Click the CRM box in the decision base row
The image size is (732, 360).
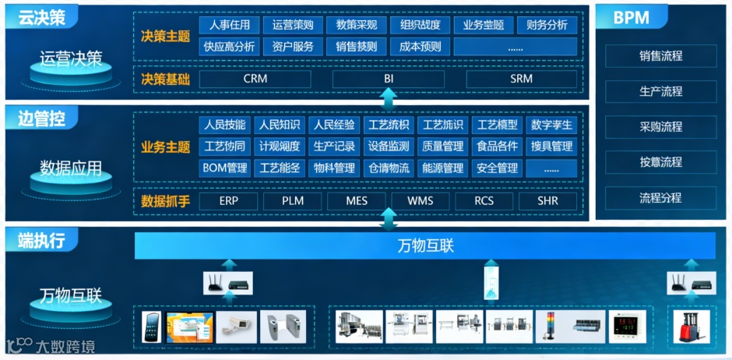(255, 79)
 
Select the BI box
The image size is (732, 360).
(389, 79)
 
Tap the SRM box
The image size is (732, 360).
(521, 79)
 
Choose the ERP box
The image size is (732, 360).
(228, 201)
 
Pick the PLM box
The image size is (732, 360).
(293, 201)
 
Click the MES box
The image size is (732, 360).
(357, 201)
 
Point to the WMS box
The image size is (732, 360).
(421, 201)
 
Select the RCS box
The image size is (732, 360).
(484, 201)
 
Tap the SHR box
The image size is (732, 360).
(547, 201)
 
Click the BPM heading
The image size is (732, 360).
(632, 18)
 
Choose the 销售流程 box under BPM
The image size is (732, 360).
(660, 56)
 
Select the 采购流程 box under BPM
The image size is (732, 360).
(660, 126)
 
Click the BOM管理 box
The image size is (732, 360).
(224, 168)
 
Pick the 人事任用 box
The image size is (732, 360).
(230, 25)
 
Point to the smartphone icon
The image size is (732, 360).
(150, 326)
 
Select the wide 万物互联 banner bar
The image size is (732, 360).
(425, 246)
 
